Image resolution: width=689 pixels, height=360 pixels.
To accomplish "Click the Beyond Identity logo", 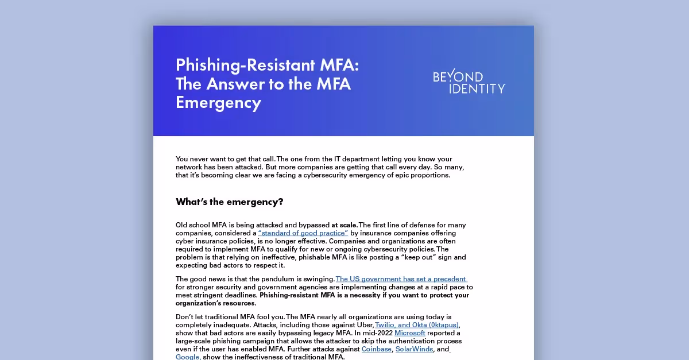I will coord(469,83).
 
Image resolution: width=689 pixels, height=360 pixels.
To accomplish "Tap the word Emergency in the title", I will coord(218,103).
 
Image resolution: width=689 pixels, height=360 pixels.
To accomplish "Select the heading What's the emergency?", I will coord(230,202).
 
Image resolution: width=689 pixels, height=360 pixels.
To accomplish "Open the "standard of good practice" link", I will coord(303,233).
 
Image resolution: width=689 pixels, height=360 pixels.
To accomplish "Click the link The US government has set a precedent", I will coord(401,279).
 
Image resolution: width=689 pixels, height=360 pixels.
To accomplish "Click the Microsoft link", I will coord(410,333).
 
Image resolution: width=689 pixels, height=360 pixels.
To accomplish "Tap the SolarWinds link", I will coord(415,349).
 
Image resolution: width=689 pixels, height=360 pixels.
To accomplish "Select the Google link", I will coord(188,357).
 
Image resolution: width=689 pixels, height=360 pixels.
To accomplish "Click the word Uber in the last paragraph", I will coord(363,325).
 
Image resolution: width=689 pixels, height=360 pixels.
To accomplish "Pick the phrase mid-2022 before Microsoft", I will coord(376,333).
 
